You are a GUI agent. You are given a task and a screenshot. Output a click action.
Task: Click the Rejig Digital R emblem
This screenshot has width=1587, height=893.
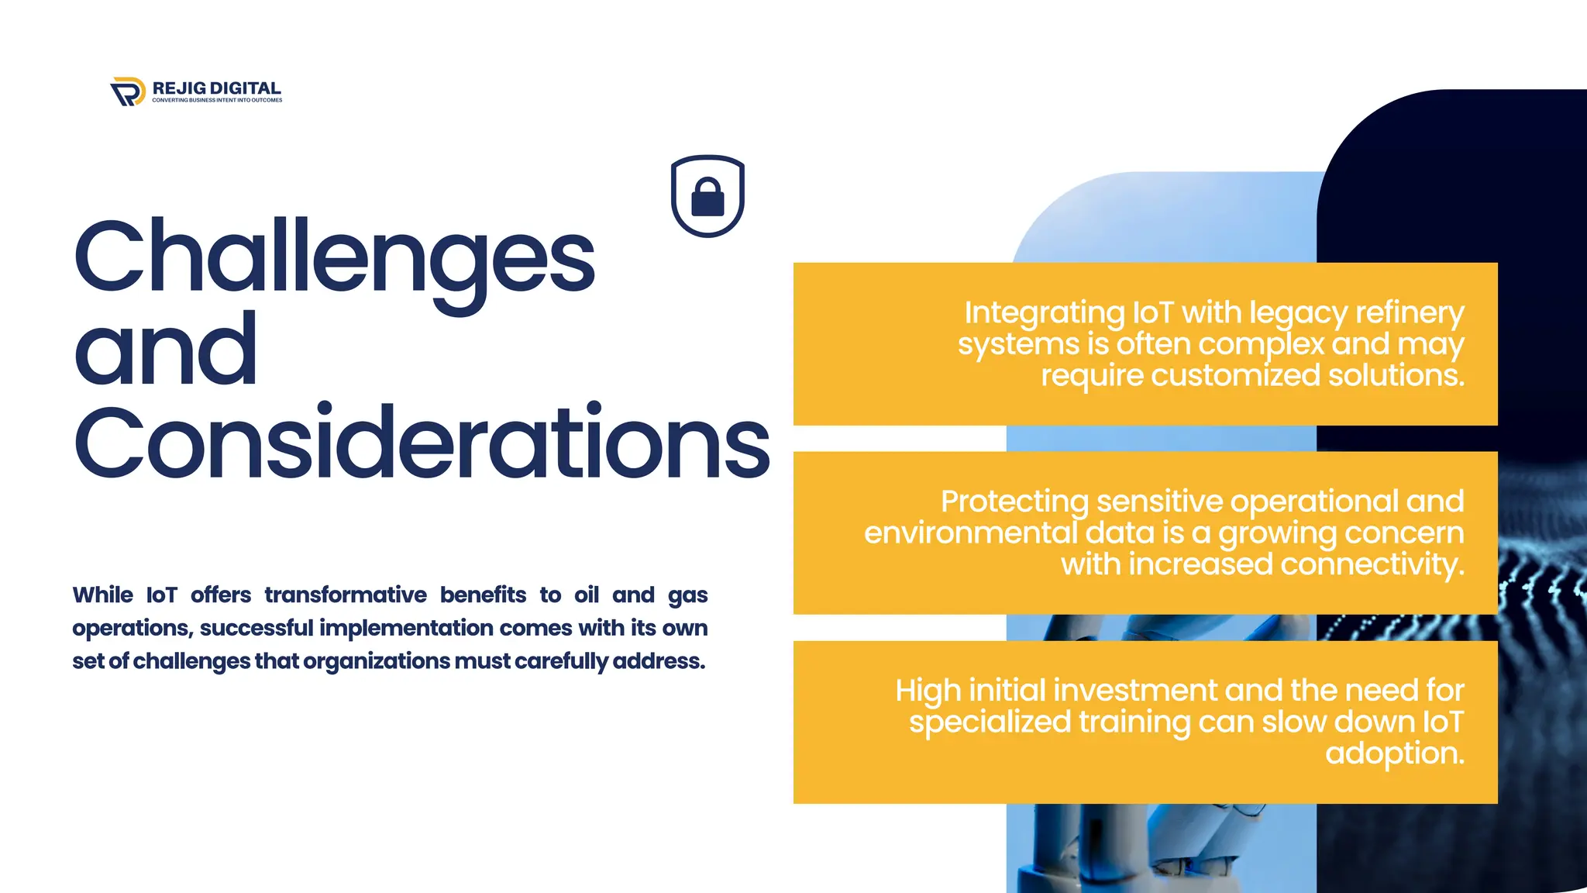(x=128, y=91)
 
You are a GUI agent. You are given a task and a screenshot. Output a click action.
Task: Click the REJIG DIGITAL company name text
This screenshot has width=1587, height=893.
(x=216, y=88)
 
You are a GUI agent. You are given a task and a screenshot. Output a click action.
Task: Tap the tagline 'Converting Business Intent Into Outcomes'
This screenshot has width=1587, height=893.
(x=217, y=100)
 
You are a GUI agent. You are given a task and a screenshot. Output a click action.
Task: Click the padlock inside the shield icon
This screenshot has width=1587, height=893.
(x=707, y=198)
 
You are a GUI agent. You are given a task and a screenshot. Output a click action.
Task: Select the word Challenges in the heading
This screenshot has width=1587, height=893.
(x=335, y=258)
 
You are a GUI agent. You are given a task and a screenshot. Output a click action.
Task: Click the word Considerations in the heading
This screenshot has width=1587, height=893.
(x=422, y=443)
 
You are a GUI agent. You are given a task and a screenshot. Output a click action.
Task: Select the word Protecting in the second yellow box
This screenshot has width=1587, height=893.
(x=1014, y=502)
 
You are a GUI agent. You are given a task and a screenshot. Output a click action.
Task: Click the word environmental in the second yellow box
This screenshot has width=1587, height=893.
(x=970, y=533)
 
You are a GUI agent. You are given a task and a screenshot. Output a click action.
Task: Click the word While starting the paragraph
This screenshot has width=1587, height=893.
(x=103, y=595)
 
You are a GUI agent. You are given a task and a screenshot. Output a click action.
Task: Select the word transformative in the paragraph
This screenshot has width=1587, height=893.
(x=346, y=595)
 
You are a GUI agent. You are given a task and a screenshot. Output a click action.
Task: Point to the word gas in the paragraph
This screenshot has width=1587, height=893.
(x=687, y=596)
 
